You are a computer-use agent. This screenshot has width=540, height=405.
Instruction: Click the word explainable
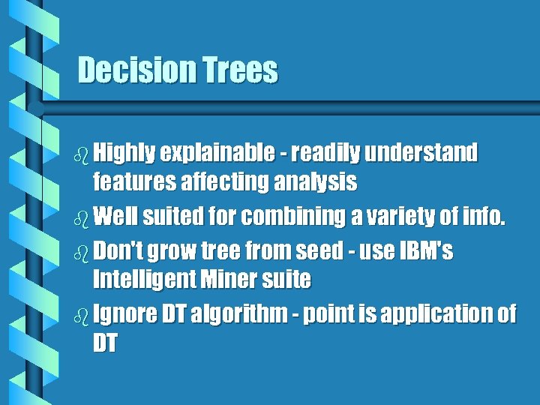(x=218, y=154)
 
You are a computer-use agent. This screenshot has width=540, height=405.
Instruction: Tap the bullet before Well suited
(x=82, y=219)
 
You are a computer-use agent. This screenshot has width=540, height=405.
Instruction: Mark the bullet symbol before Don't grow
(x=82, y=252)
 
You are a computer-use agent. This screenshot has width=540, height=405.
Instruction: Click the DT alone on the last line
(x=105, y=343)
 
